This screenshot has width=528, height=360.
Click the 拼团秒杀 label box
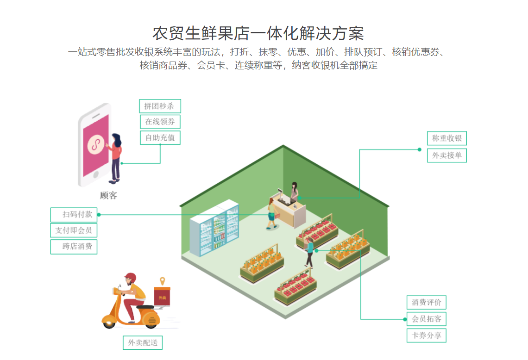point(160,106)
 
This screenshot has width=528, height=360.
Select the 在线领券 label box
point(160,122)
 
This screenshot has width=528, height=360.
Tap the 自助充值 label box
point(160,137)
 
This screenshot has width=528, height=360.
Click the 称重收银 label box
point(446,138)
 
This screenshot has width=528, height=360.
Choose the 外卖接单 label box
point(446,155)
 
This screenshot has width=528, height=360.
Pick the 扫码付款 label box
point(74,215)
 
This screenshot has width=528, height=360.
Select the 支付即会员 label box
point(74,230)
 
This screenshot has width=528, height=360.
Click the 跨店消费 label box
point(74,246)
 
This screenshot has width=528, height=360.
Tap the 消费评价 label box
point(426,303)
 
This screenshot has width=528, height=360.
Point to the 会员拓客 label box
point(426,319)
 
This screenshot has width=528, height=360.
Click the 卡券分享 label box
point(426,335)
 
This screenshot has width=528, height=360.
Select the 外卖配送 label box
point(143,343)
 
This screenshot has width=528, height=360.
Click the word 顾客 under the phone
point(108,195)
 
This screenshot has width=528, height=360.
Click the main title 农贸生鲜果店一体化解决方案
point(258,33)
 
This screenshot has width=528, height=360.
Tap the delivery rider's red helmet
point(131,278)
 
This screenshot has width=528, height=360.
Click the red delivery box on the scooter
point(162,296)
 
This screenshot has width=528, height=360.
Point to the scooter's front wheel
point(109,321)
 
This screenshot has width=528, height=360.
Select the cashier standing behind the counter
point(294,191)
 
